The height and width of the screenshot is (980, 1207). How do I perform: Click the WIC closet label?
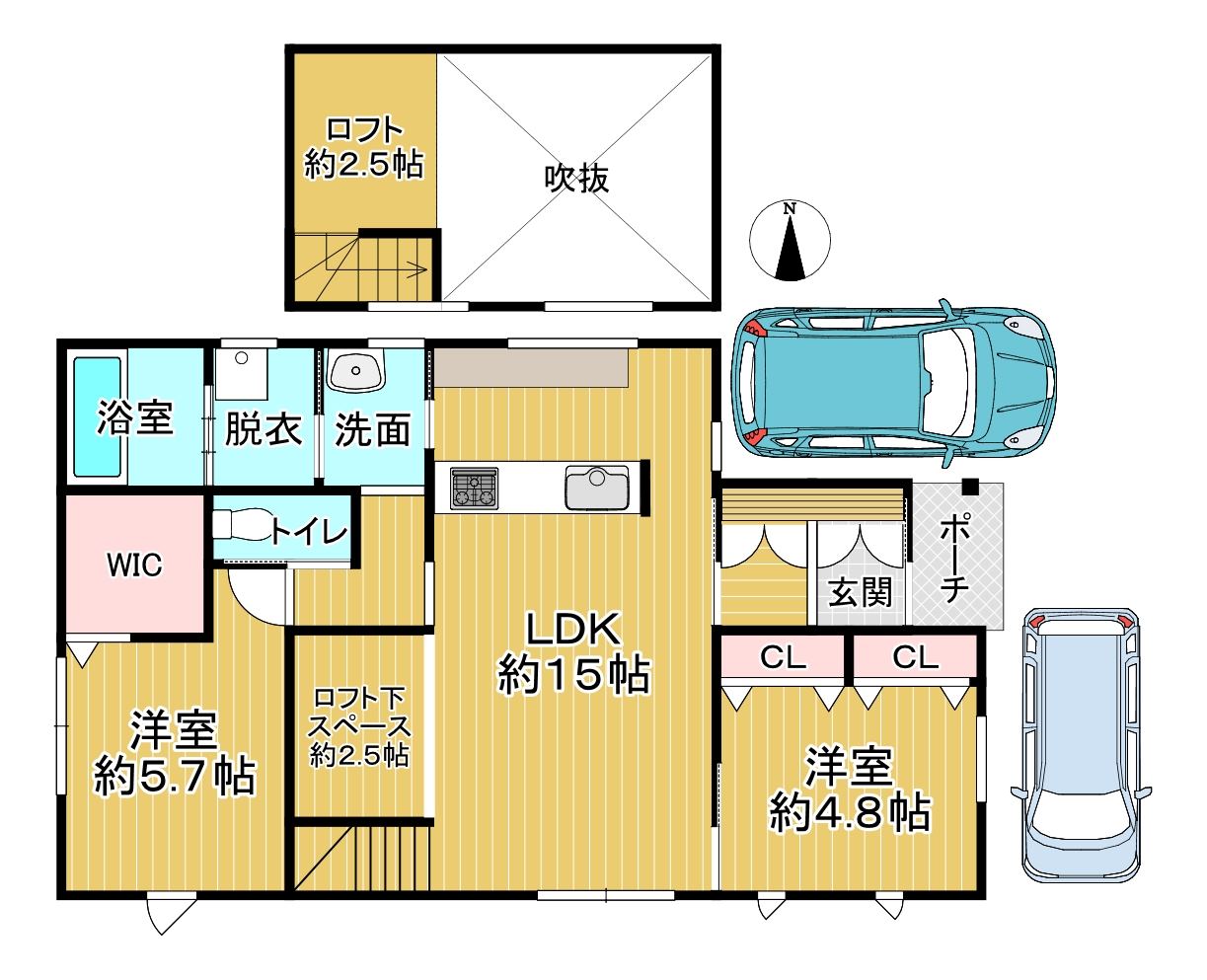click(135, 565)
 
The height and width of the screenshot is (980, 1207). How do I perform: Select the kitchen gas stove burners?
click(475, 488)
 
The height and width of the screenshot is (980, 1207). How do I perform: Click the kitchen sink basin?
click(597, 488)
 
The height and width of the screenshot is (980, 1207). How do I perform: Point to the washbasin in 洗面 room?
click(356, 370)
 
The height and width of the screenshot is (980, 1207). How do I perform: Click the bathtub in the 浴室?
click(98, 416)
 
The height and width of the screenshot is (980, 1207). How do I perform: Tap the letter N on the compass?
click(790, 209)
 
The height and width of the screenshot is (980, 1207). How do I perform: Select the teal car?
click(893, 384)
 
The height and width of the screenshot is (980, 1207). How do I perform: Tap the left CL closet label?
click(783, 657)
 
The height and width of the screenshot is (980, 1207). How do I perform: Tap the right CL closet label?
click(915, 657)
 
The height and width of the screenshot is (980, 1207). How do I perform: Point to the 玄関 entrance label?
click(861, 592)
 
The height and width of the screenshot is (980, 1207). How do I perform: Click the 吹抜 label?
click(576, 179)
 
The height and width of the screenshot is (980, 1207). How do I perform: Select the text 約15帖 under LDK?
click(573, 674)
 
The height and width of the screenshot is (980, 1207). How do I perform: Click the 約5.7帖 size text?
click(175, 776)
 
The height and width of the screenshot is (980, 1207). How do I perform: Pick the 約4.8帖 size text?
click(850, 813)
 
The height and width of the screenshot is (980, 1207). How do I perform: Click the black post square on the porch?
click(971, 487)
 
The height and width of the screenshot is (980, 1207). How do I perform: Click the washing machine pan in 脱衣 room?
click(242, 373)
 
